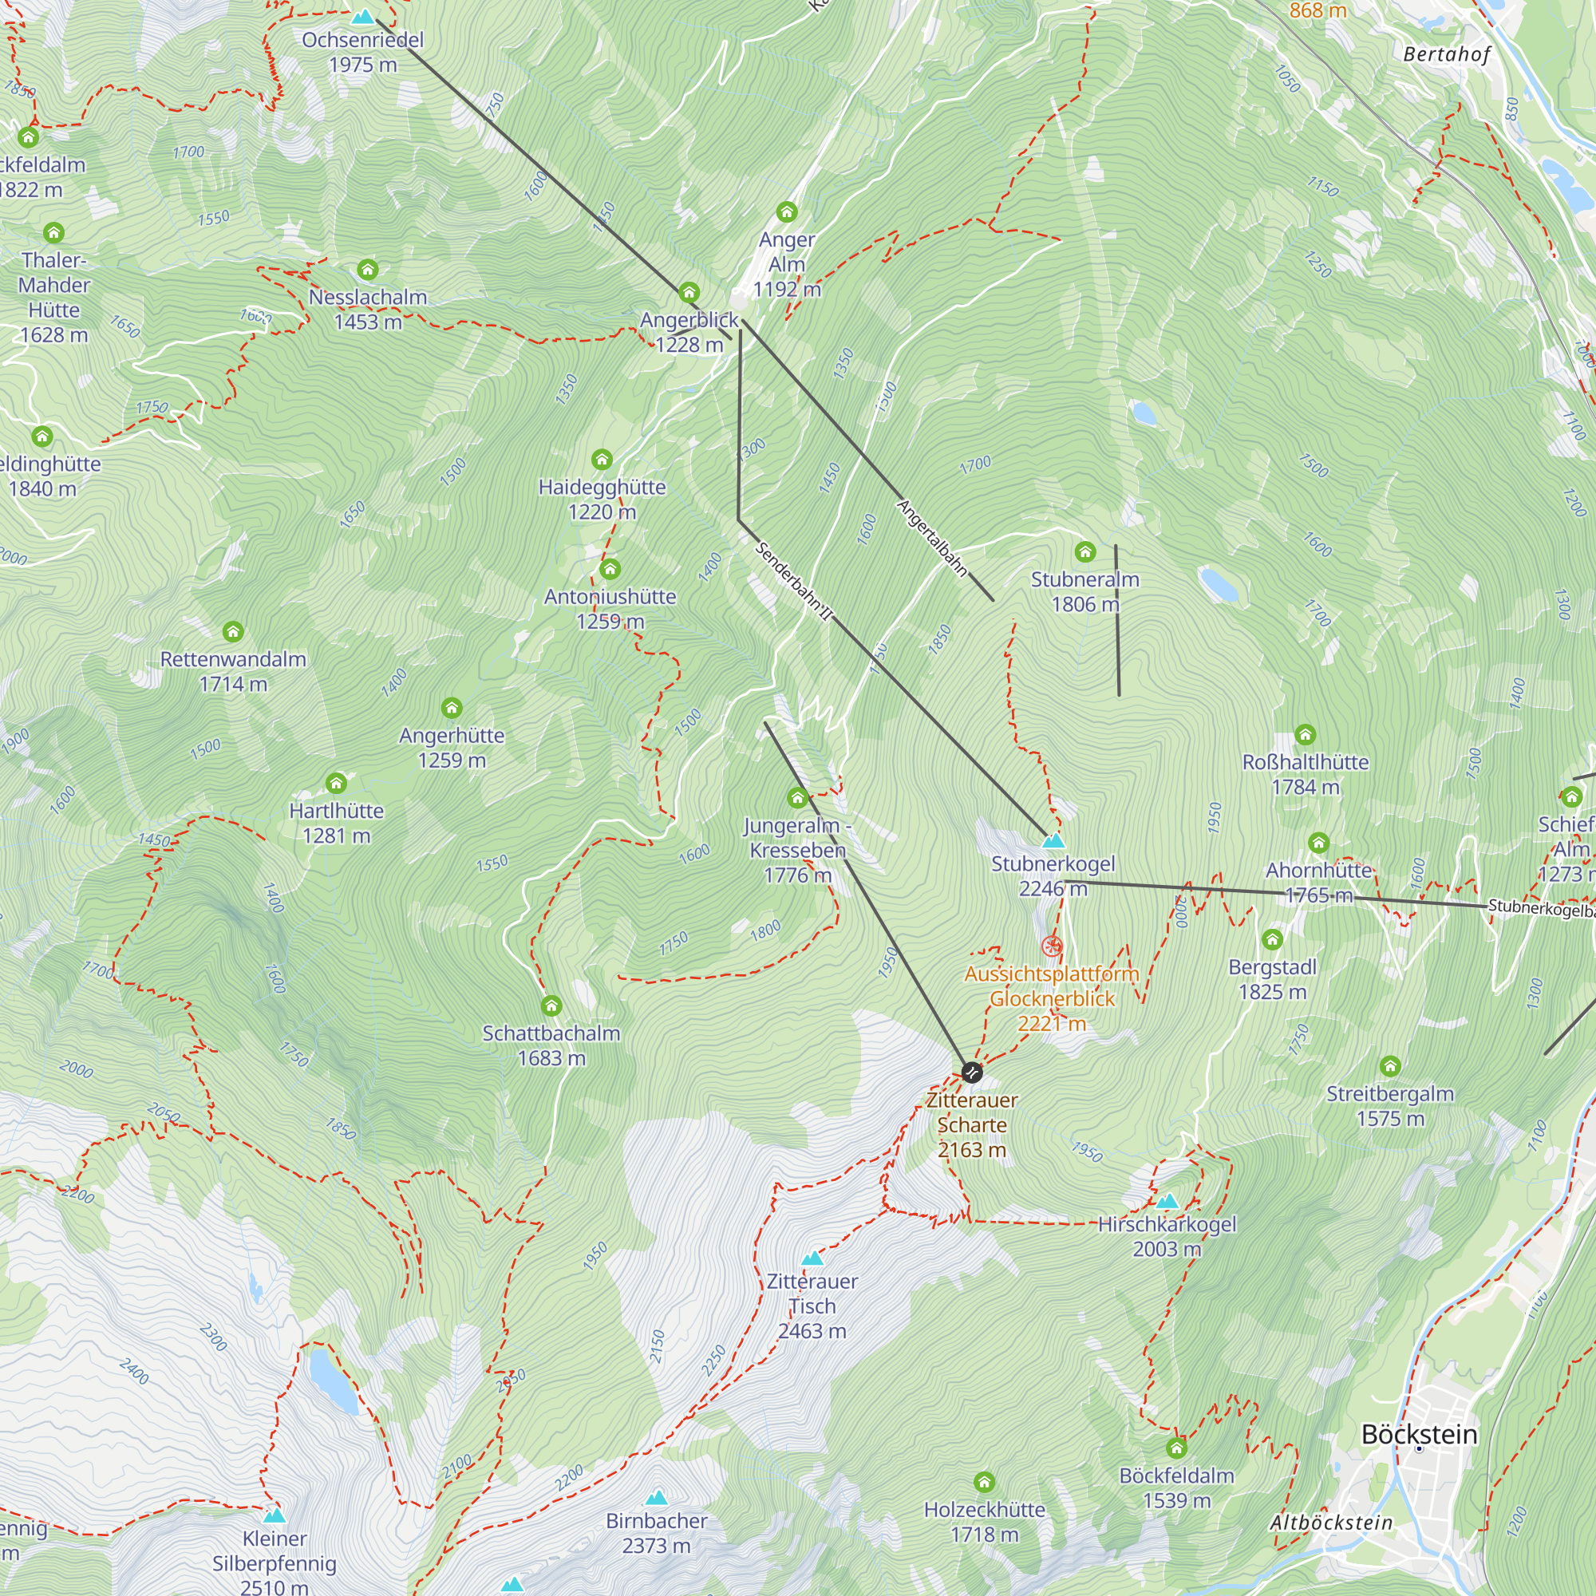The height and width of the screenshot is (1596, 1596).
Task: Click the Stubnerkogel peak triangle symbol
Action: pyautogui.click(x=1053, y=841)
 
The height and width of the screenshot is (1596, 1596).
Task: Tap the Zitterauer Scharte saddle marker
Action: pyautogui.click(x=972, y=1073)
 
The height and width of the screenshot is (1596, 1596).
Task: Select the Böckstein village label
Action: pyautogui.click(x=1419, y=1433)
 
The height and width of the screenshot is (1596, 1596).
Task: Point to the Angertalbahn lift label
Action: pyautogui.click(x=932, y=538)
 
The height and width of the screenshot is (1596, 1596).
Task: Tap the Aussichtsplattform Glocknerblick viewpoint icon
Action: pyautogui.click(x=1052, y=946)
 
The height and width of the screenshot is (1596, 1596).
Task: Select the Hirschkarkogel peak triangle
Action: pyautogui.click(x=1167, y=1200)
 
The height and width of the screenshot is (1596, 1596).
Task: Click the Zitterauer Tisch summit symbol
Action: pyautogui.click(x=813, y=1258)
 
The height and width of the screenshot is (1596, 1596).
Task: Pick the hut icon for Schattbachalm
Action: pyautogui.click(x=551, y=1005)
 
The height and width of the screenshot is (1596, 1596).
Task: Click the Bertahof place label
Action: pyautogui.click(x=1448, y=54)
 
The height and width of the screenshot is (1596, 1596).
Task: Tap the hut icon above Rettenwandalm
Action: pyautogui.click(x=233, y=632)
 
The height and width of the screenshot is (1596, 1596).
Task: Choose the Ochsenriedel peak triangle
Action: pyautogui.click(x=362, y=17)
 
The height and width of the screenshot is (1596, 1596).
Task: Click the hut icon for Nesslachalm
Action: pyautogui.click(x=368, y=269)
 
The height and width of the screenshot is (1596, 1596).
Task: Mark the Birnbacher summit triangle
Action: pyautogui.click(x=657, y=1497)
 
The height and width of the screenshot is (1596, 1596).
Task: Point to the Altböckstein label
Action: pyautogui.click(x=1331, y=1522)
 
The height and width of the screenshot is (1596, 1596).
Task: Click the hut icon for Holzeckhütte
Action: pyautogui.click(x=984, y=1482)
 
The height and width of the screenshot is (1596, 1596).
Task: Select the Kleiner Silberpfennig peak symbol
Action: pyautogui.click(x=275, y=1515)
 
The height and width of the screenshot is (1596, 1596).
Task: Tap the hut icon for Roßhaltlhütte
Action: pyautogui.click(x=1306, y=733)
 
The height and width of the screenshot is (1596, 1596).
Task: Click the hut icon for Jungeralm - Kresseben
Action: pyautogui.click(x=797, y=797)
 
